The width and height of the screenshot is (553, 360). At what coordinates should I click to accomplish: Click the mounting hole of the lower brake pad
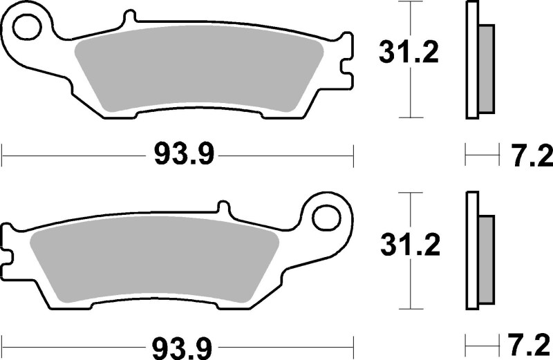tap(326, 216)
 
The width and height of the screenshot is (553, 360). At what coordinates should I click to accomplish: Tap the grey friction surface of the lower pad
tap(152, 259)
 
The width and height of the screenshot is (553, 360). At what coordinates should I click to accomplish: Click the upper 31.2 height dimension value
tap(409, 53)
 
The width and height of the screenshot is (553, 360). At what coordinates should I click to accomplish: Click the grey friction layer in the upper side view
tap(486, 68)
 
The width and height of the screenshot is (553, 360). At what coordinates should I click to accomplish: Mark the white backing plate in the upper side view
tap(472, 61)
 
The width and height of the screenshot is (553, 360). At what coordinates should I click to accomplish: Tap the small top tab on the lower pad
tap(223, 206)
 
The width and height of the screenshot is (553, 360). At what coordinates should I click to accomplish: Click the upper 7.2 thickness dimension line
tap(482, 155)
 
